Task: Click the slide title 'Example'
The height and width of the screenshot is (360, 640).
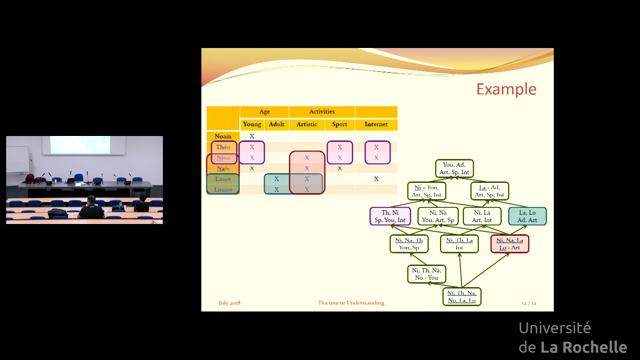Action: (x=505, y=89)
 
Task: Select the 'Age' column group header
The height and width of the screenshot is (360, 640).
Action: (x=264, y=112)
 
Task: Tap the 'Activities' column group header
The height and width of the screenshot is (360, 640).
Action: (x=321, y=112)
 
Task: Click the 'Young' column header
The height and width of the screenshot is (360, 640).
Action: (x=252, y=124)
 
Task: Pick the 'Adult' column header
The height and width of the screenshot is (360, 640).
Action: (x=277, y=124)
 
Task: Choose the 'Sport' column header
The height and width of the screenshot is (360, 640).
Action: (x=340, y=124)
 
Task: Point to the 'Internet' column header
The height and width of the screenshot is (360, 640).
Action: (x=376, y=124)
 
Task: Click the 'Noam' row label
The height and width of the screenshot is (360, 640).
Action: (x=223, y=135)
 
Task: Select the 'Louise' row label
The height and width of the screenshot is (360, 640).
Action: (x=223, y=189)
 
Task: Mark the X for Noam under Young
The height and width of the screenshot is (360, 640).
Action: (x=252, y=135)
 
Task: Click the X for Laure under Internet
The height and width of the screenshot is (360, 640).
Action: (x=376, y=178)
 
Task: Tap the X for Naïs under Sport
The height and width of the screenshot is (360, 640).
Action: (x=340, y=168)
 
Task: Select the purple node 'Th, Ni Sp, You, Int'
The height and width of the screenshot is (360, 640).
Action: (x=391, y=214)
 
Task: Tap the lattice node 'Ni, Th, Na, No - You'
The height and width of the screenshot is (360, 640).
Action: (x=427, y=272)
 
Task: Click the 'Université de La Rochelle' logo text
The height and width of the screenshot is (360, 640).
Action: (x=569, y=336)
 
